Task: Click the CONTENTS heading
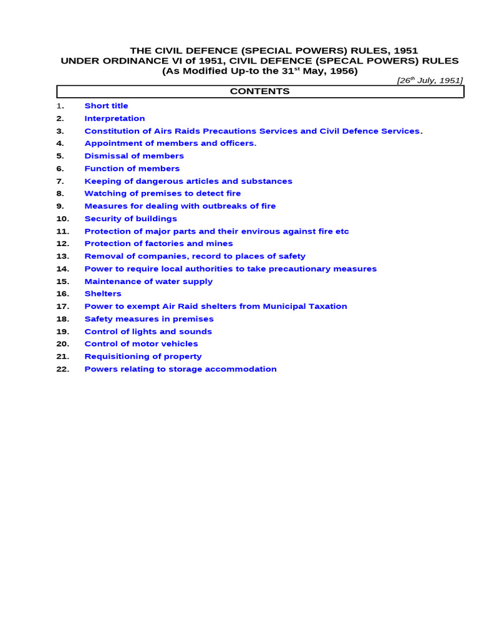tap(260, 92)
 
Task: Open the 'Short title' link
tap(106, 106)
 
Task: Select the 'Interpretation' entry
tap(115, 118)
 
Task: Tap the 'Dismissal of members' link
tap(134, 156)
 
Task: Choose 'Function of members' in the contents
tap(132, 168)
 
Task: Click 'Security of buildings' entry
tap(131, 219)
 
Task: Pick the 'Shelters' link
tap(103, 293)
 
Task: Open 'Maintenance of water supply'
tap(148, 281)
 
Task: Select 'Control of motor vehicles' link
tap(141, 344)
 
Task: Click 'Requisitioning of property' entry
tap(143, 356)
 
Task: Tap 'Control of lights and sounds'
tap(148, 331)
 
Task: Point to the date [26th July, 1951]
tap(430, 81)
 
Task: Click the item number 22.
tap(62, 369)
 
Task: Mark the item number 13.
tap(62, 256)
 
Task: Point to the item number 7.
tap(60, 181)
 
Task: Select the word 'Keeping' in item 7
tap(102, 181)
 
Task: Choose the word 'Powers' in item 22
tap(100, 369)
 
